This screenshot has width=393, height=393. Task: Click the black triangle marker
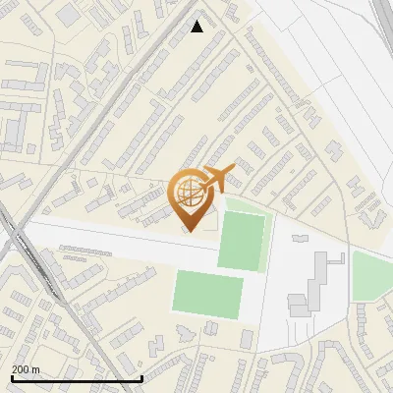click(197, 27)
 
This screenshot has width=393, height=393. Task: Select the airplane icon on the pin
click(218, 178)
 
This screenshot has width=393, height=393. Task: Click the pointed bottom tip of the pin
click(191, 231)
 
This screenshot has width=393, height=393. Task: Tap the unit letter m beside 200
click(36, 369)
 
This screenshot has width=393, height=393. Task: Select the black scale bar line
click(77, 378)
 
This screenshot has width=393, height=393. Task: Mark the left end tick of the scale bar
click(11, 377)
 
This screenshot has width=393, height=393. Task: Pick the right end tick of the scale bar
click(142, 377)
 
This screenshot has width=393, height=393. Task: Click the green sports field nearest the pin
click(242, 241)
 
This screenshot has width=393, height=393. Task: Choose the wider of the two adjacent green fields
click(208, 295)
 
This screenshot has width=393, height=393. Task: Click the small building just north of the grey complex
click(298, 239)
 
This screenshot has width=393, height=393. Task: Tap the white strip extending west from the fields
click(108, 241)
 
